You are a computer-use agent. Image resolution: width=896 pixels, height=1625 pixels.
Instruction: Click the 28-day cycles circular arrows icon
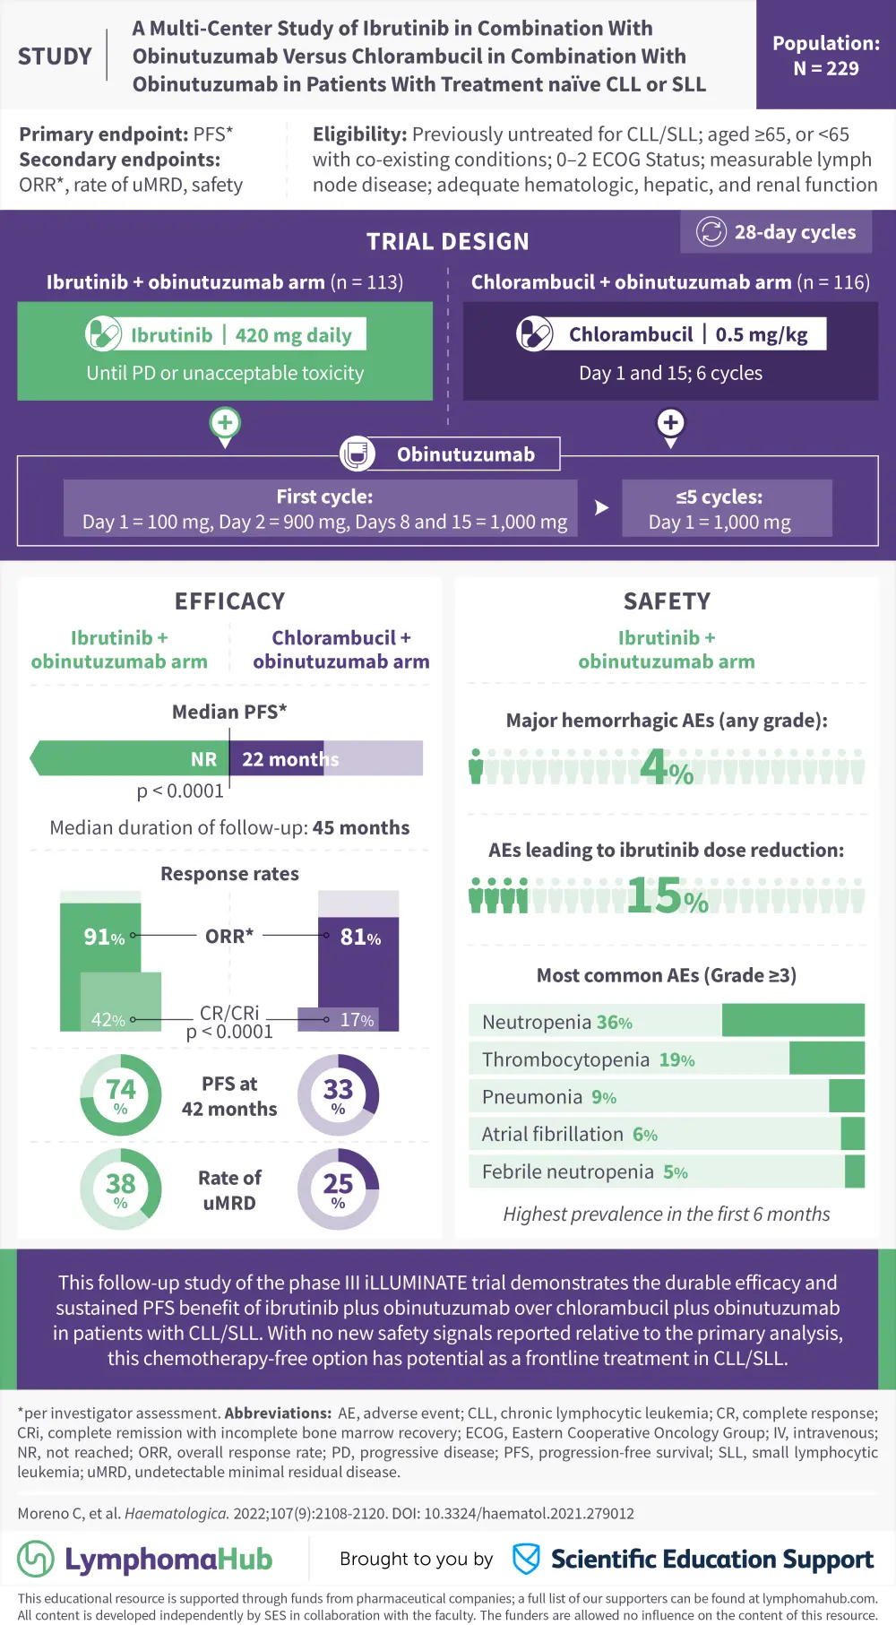coord(711,232)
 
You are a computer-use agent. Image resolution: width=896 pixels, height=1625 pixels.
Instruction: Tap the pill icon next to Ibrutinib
coord(103,334)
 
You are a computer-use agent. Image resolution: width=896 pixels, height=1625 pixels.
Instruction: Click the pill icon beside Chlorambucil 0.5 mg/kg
coord(535,334)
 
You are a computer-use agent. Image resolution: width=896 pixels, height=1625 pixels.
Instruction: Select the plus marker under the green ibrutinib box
coord(225,422)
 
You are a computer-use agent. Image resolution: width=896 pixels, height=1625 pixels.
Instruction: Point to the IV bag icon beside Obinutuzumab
coord(357,454)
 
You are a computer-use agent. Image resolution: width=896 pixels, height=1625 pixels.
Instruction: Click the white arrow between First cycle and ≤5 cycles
coord(601,508)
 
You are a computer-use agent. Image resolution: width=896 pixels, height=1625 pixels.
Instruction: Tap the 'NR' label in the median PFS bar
coord(203,759)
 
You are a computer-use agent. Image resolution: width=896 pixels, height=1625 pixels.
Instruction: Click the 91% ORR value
coord(104,938)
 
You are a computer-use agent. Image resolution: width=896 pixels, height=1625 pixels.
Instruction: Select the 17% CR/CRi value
coord(357,1020)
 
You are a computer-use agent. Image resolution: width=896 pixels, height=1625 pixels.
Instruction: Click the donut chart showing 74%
coord(121,1095)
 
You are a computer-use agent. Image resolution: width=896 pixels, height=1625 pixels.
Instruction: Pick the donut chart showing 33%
coord(338,1095)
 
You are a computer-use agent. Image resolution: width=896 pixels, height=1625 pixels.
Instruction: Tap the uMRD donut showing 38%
coord(121,1189)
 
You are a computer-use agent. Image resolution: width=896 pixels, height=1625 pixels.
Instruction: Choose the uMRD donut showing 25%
coord(338,1189)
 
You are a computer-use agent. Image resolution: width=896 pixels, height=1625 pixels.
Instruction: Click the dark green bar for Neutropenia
coord(793,1021)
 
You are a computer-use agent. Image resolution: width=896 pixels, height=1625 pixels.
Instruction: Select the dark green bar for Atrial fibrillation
coord(853,1134)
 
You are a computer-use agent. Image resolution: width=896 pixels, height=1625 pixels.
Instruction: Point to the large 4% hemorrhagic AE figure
coord(667,768)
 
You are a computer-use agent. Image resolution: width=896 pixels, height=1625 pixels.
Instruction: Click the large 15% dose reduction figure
coord(667,896)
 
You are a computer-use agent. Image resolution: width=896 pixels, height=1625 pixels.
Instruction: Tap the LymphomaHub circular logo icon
coord(36,1559)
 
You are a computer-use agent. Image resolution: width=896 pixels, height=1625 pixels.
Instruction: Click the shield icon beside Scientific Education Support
coord(526,1559)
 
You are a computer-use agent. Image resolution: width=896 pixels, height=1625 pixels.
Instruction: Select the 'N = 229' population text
coord(826,69)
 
